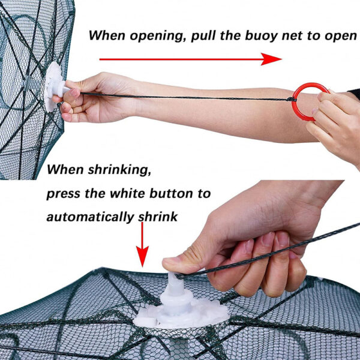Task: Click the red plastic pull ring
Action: [296, 110]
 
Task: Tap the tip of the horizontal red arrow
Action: [281, 59]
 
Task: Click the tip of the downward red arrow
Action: [142, 267]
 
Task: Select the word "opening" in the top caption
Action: [158, 36]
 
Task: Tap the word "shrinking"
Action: [119, 170]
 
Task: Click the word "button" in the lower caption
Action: [171, 193]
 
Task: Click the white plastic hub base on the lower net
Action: [181, 310]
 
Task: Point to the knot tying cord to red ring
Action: [291, 100]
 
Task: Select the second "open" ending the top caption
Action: [340, 37]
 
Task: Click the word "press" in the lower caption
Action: [64, 194]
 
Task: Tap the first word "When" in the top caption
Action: [107, 35]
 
